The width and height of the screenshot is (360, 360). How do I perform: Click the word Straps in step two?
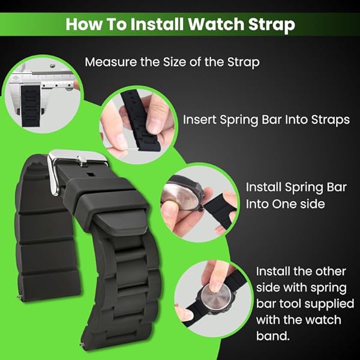[x=328, y=120]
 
